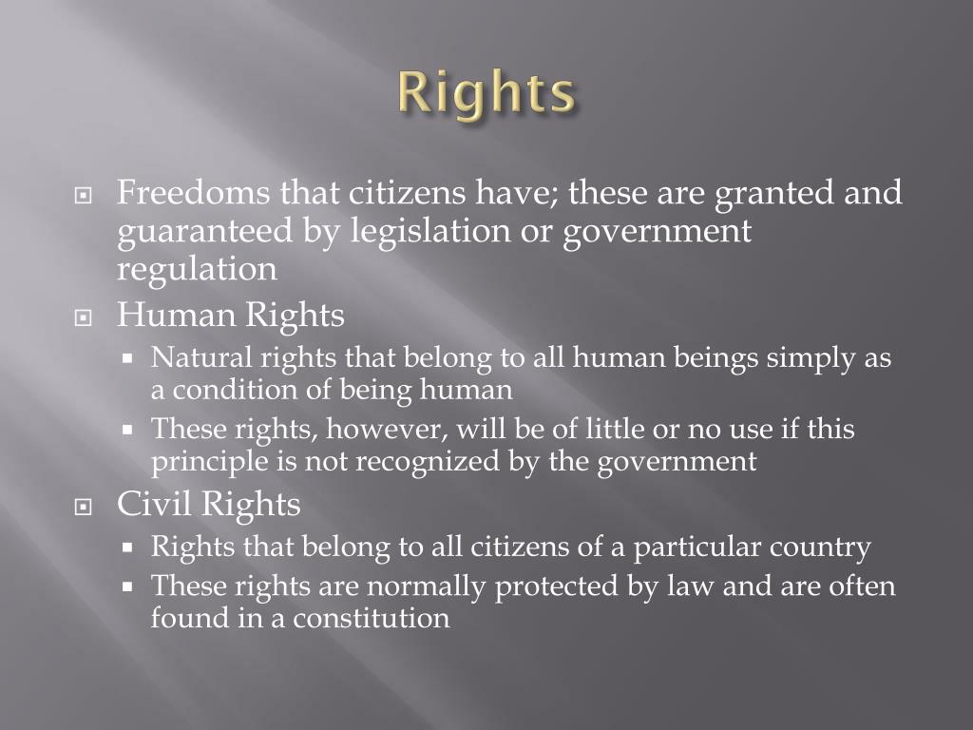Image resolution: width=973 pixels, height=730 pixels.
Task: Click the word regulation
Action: coord(198,270)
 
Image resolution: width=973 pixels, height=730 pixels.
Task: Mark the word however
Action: coord(387,430)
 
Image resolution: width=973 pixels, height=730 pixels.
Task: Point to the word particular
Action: coord(695,547)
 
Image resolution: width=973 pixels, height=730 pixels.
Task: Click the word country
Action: coord(819,547)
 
